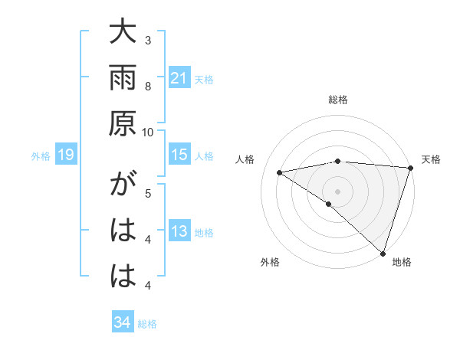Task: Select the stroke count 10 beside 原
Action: tap(148, 132)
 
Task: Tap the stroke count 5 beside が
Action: tap(148, 193)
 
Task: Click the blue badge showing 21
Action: tap(179, 77)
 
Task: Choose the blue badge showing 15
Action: tap(179, 155)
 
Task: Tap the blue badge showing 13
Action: tap(179, 231)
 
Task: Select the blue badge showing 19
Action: tap(65, 155)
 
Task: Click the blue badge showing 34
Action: tap(122, 322)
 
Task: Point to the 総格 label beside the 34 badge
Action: tap(147, 324)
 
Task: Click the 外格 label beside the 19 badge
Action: tap(41, 156)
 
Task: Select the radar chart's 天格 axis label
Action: tap(431, 159)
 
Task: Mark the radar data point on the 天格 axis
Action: tap(410, 168)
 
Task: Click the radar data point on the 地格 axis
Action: tap(383, 252)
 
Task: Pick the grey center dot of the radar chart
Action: tap(337, 190)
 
